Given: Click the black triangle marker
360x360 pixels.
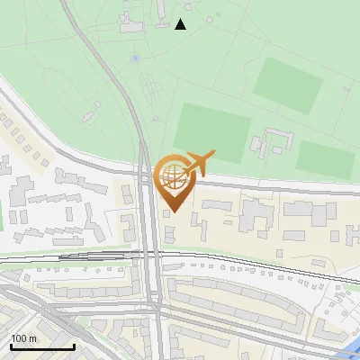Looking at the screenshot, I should point(181,24).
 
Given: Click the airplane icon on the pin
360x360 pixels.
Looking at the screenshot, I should point(199,163).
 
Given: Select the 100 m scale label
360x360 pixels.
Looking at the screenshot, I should point(24,338).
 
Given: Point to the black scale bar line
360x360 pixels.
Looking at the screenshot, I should point(42,346).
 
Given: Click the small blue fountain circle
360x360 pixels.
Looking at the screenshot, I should point(135,58).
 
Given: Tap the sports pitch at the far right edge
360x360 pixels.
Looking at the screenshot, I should point(326,158).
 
